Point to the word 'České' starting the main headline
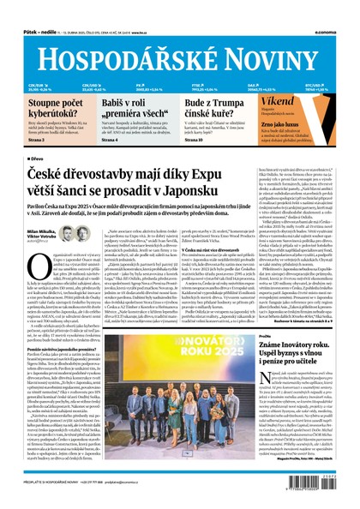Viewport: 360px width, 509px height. point(47,174)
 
